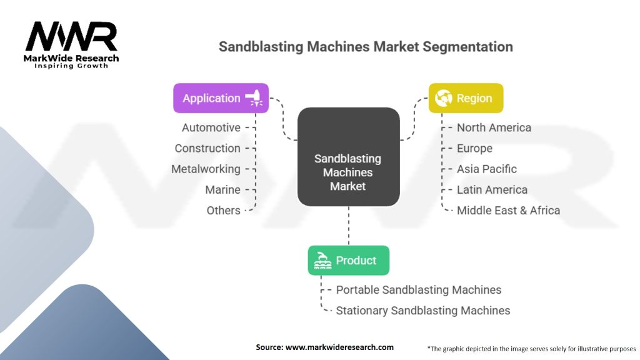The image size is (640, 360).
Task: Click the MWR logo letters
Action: tap(71, 37)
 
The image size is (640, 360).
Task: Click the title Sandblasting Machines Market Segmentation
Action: tap(366, 46)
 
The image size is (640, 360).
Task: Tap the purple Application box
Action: tap(221, 98)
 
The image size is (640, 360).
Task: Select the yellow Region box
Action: tap(466, 98)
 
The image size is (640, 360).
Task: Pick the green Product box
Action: tap(349, 261)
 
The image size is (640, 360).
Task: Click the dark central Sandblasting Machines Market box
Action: tap(348, 157)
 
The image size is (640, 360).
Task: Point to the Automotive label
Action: tap(211, 127)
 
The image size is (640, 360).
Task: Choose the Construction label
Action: tap(207, 148)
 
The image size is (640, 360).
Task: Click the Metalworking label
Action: tap(206, 169)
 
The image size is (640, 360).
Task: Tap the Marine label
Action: tap(223, 190)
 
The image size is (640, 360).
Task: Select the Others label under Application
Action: tap(223, 210)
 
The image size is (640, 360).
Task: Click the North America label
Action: tap(494, 127)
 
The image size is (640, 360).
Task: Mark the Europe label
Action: tap(474, 149)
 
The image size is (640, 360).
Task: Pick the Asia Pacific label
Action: tap(486, 169)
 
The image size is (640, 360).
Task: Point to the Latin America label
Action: tap(492, 190)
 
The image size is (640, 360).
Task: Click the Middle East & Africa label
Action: tap(508, 210)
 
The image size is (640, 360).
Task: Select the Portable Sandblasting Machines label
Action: tap(418, 290)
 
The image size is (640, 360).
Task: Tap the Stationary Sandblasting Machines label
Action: tap(423, 311)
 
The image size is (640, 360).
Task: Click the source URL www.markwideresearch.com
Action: tap(339, 347)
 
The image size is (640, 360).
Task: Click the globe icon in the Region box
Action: tap(443, 98)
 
